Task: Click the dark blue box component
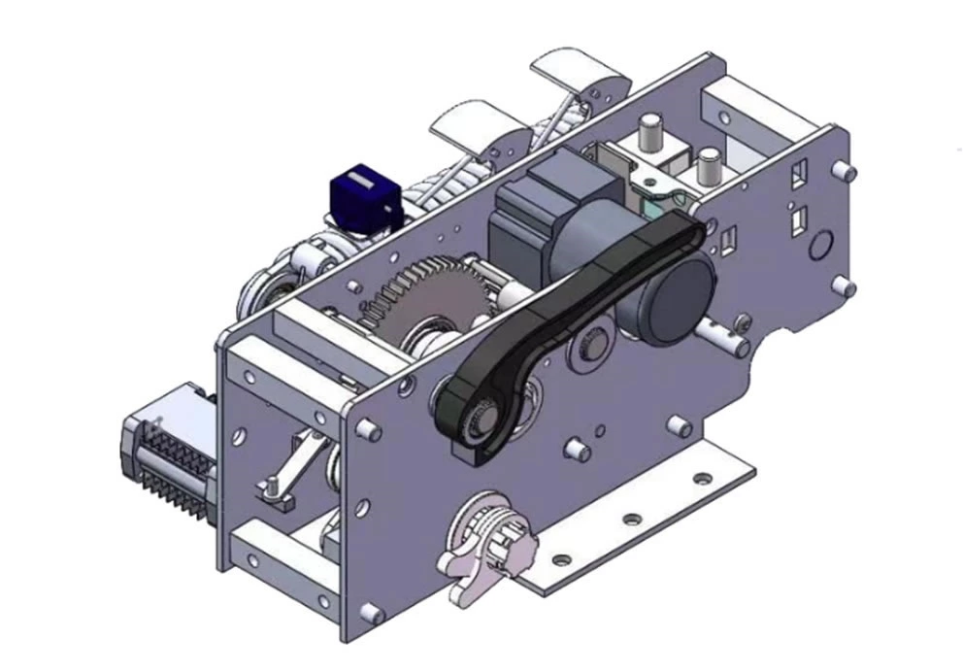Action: (363, 198)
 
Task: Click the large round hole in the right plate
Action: (820, 243)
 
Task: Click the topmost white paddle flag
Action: (573, 74)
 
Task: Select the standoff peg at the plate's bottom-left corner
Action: (370, 612)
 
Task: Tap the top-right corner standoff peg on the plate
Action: (849, 173)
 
